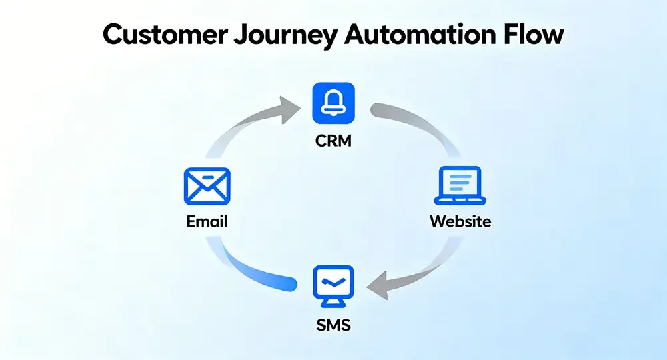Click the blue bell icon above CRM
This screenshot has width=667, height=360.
tap(333, 104)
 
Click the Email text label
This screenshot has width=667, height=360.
tap(207, 221)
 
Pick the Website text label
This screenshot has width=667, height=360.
tap(460, 221)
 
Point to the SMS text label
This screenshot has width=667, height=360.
tap(333, 326)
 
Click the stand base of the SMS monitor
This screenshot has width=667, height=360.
tap(333, 305)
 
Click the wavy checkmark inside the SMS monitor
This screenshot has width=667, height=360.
tap(333, 282)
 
